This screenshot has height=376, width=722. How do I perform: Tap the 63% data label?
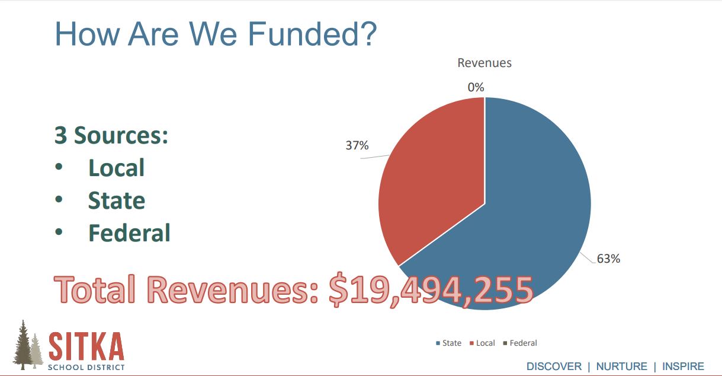(608, 259)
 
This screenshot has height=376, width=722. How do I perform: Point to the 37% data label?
(357, 145)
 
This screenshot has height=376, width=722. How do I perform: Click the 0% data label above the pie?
(476, 88)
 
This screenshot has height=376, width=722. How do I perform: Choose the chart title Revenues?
(484, 63)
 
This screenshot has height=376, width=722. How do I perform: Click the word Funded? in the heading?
(312, 34)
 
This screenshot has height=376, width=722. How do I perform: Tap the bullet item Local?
(116, 168)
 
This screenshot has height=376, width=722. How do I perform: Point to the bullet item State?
(117, 200)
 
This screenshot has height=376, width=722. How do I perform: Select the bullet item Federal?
(129, 233)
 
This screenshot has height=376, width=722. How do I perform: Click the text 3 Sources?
(111, 135)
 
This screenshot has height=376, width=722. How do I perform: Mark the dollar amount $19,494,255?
(431, 290)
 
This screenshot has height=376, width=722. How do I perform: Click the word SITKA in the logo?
(86, 346)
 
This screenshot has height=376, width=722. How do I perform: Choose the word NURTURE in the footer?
(621, 367)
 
